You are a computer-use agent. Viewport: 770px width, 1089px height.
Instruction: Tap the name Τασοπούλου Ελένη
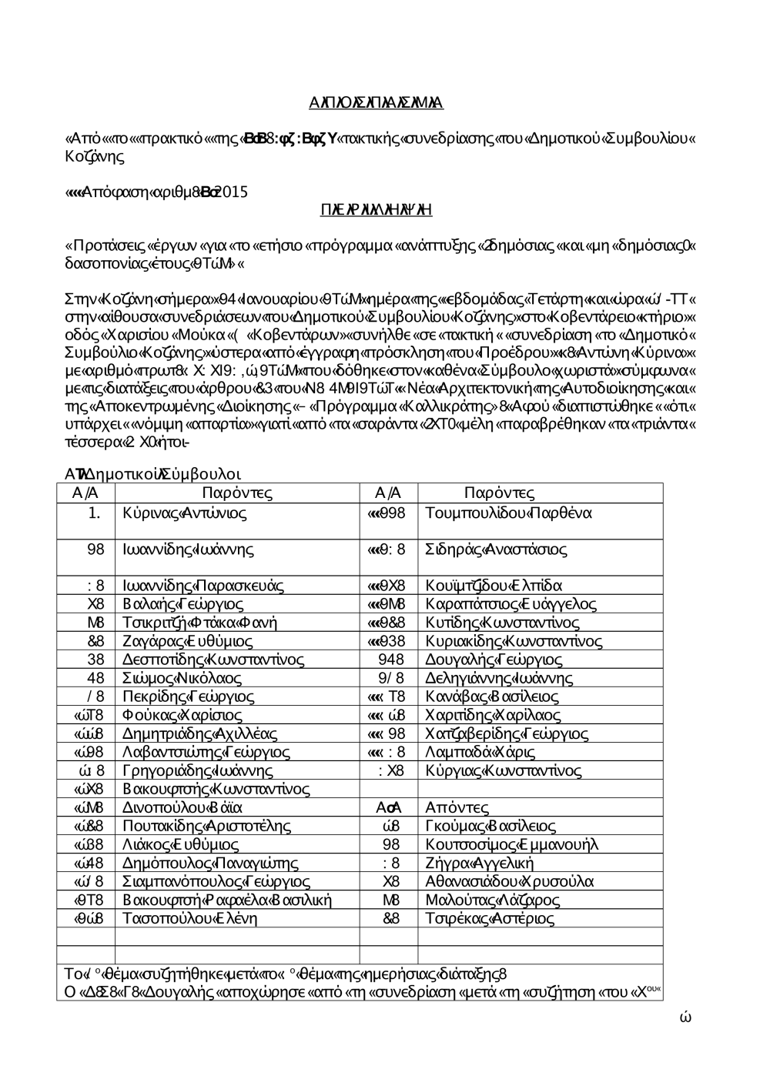(190, 918)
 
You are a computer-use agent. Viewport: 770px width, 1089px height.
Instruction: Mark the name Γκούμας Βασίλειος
(490, 826)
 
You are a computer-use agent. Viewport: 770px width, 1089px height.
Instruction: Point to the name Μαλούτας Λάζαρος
(493, 900)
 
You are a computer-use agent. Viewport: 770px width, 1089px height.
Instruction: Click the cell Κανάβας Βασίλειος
(492, 696)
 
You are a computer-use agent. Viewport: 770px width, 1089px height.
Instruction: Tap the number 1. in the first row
(95, 513)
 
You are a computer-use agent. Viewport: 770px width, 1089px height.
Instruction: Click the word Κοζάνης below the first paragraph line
(95, 156)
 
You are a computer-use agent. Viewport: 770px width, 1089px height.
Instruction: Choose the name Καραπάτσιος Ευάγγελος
(511, 604)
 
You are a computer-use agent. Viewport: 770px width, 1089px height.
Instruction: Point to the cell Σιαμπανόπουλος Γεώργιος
(216, 881)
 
